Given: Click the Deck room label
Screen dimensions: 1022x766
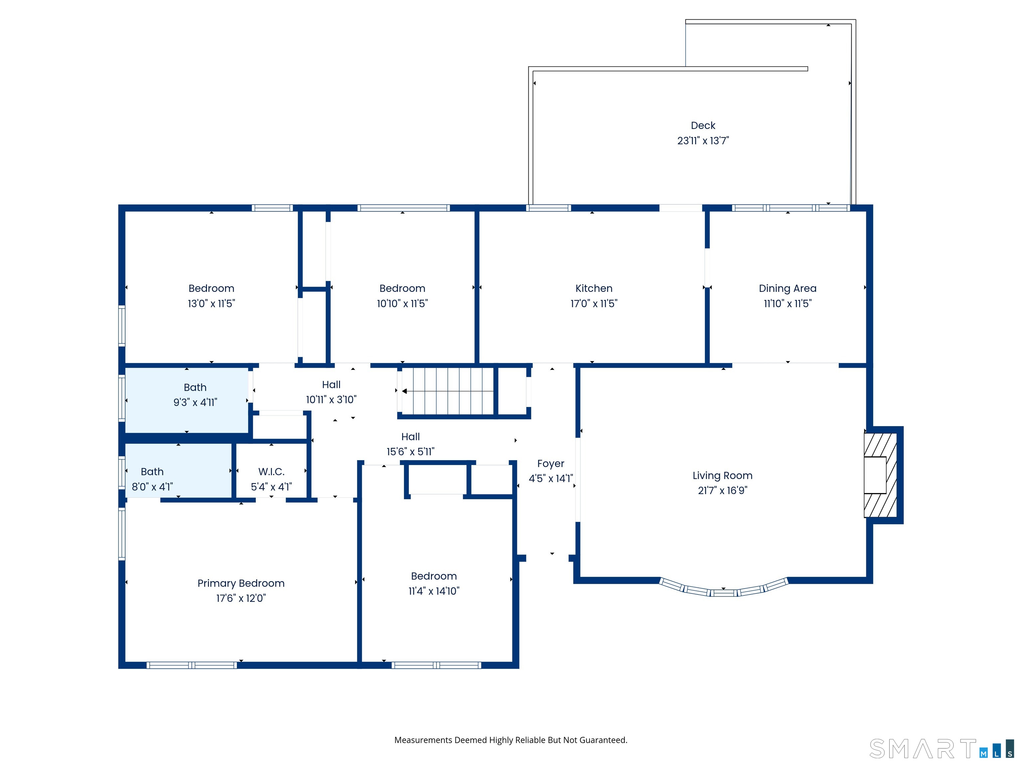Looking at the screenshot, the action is pyautogui.click(x=703, y=126).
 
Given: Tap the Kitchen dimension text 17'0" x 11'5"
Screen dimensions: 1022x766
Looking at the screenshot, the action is pyautogui.click(x=594, y=303).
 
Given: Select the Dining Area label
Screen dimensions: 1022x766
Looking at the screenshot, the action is pyautogui.click(x=787, y=289).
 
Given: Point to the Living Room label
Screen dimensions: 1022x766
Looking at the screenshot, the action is pyautogui.click(x=722, y=475).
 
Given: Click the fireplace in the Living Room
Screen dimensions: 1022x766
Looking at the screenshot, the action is pyautogui.click(x=880, y=475).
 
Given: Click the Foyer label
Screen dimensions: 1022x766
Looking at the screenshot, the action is pyautogui.click(x=550, y=463).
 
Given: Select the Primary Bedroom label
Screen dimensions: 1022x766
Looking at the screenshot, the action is pyautogui.click(x=241, y=583).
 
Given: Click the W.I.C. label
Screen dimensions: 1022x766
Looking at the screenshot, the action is pyautogui.click(x=271, y=471).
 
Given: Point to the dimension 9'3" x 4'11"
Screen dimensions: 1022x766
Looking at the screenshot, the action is pyautogui.click(x=195, y=402).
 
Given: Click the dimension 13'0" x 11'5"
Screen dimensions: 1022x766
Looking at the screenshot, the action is pyautogui.click(x=211, y=303).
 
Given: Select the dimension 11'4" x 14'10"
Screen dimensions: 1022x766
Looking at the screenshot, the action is pyautogui.click(x=433, y=591).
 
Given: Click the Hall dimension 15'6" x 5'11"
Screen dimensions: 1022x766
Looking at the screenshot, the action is pyautogui.click(x=410, y=451).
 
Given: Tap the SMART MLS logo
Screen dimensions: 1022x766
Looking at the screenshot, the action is pyautogui.click(x=941, y=748).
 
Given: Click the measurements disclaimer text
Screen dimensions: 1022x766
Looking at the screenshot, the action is pyautogui.click(x=511, y=740).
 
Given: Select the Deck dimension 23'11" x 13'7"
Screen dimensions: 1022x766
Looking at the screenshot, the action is pyautogui.click(x=703, y=141).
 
